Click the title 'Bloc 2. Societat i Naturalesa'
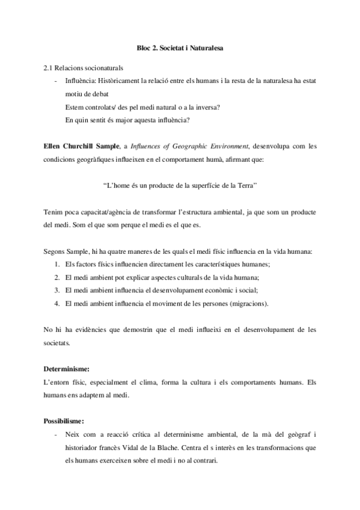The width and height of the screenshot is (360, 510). pyautogui.click(x=180, y=46)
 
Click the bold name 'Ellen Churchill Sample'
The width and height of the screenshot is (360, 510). pyautogui.click(x=81, y=146)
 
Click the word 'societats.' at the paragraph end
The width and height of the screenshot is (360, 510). pyautogui.click(x=57, y=343)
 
